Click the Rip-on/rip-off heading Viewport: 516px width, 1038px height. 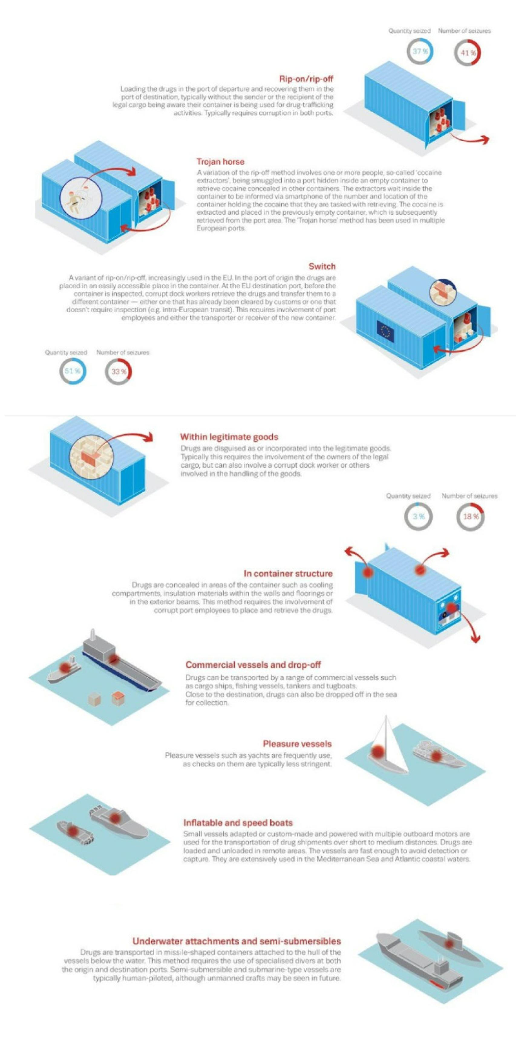pos(306,79)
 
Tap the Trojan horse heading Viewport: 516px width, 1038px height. pos(220,162)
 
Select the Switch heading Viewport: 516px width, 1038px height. pos(322,266)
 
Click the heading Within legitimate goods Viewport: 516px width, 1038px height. pos(229,437)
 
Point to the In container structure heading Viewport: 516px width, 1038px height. pos(288,573)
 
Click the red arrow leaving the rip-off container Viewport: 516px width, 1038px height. pos(469,139)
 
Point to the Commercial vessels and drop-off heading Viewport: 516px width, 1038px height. pos(253,665)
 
